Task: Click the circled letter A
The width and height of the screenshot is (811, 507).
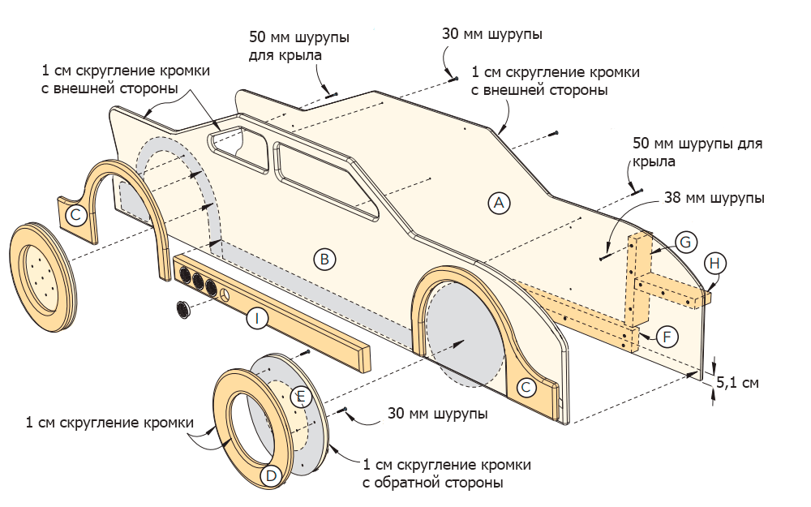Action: pyautogui.click(x=499, y=203)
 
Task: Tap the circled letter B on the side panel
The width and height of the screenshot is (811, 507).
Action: pyautogui.click(x=323, y=260)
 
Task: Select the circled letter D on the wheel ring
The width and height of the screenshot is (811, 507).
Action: pyautogui.click(x=272, y=475)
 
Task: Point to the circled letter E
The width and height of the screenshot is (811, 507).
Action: pyautogui.click(x=301, y=396)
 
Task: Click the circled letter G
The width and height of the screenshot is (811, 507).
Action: pyautogui.click(x=684, y=242)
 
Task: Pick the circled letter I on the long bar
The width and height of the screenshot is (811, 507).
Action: pyautogui.click(x=256, y=319)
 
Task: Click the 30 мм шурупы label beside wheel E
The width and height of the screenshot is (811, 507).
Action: pyautogui.click(x=437, y=414)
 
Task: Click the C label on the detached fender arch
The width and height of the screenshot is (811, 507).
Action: pyautogui.click(x=75, y=215)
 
